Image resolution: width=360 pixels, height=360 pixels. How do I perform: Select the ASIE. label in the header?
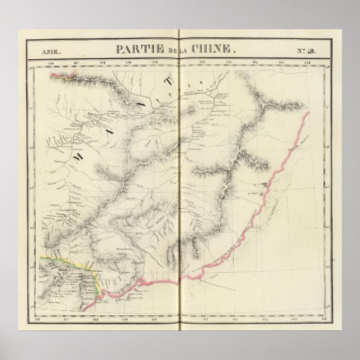49,51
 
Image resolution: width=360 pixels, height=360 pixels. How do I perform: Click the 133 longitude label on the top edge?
228,62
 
